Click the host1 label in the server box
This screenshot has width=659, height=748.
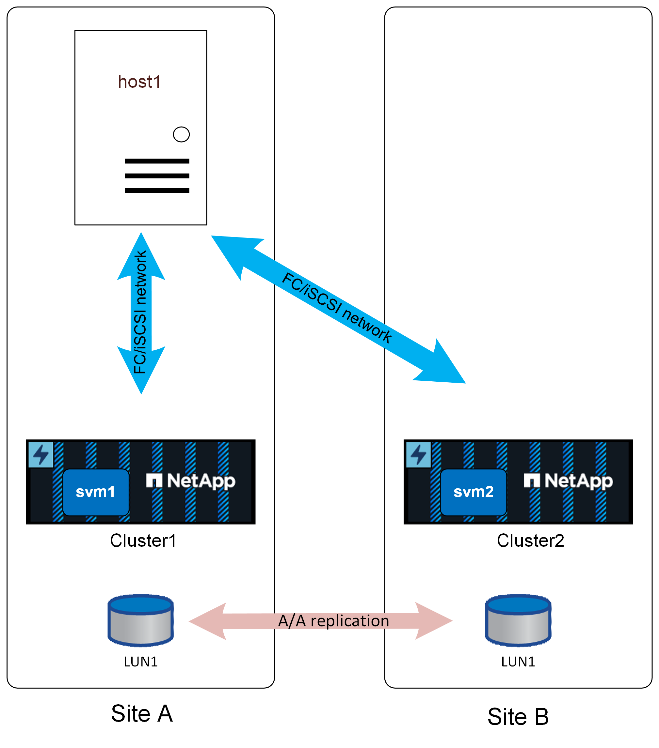(139, 82)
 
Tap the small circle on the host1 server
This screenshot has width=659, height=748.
(181, 134)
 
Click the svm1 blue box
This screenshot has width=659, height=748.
(96, 492)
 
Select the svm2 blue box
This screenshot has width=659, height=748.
(473, 492)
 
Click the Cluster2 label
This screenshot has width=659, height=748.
(530, 541)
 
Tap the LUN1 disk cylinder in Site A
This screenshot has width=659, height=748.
(141, 620)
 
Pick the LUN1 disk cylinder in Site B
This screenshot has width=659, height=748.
(518, 620)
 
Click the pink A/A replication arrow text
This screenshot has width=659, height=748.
(333, 621)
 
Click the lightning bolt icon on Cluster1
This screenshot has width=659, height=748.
(41, 454)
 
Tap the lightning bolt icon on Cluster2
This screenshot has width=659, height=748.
(418, 454)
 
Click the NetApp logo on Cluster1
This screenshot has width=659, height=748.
(190, 481)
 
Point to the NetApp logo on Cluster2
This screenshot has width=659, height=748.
(568, 481)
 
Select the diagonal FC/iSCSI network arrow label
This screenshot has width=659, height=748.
(337, 307)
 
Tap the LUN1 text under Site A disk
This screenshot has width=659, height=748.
(141, 662)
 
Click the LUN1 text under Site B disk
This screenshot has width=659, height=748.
(518, 662)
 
